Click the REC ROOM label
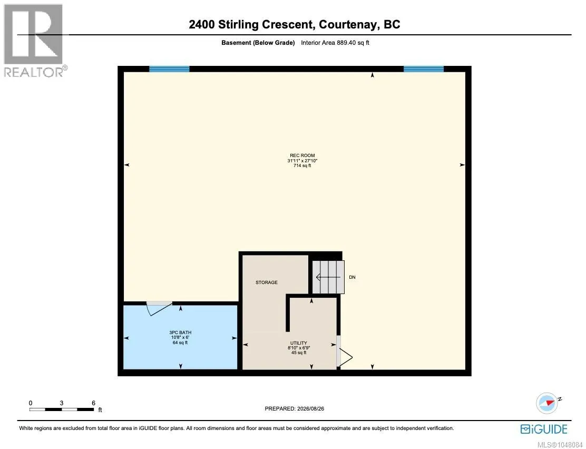coord(302,155)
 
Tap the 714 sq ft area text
coord(302,165)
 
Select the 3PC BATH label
coord(180,333)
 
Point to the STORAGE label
coord(267,282)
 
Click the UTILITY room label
coord(299,343)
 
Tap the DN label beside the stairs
coord(352,277)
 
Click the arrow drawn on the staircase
coord(328,277)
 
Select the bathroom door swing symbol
coord(159,308)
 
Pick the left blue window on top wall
coord(169,69)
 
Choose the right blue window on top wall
coord(424,69)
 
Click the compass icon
coord(547,403)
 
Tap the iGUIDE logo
coord(544,429)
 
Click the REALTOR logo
coord(35,41)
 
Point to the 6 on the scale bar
coord(93,403)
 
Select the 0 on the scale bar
coord(31,403)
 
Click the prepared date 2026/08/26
coord(310,408)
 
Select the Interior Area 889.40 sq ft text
coord(335,43)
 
